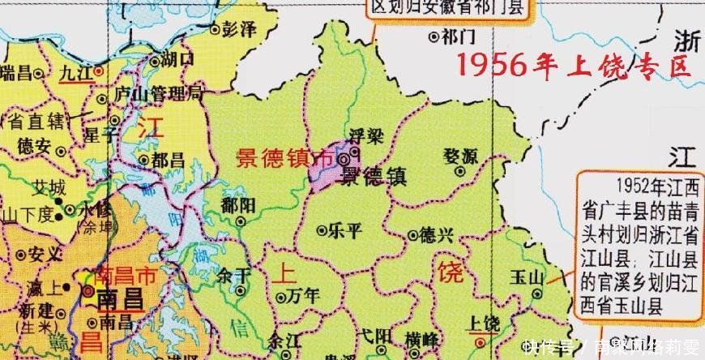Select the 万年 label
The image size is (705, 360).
pyautogui.click(x=303, y=296)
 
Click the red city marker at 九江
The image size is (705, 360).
pyautogui.click(x=98, y=71)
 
